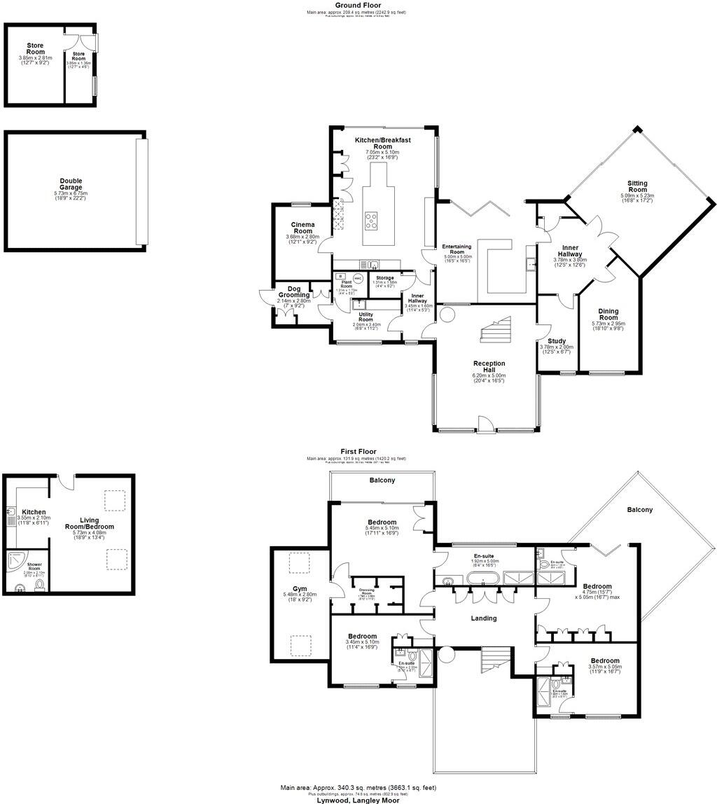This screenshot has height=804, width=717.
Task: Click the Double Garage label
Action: pyautogui.click(x=71, y=184)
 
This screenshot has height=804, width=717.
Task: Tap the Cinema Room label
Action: pyautogui.click(x=302, y=228)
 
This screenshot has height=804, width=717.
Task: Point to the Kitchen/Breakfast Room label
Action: pyautogui.click(x=382, y=144)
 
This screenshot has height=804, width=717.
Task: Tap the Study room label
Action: pyautogui.click(x=557, y=342)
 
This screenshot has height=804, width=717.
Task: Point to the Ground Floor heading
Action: pyautogui.click(x=357, y=5)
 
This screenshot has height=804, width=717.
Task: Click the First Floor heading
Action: pyautogui.click(x=358, y=452)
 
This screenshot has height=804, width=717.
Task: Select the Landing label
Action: pyautogui.click(x=483, y=618)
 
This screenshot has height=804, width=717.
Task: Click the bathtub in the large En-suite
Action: pyautogui.click(x=482, y=579)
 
